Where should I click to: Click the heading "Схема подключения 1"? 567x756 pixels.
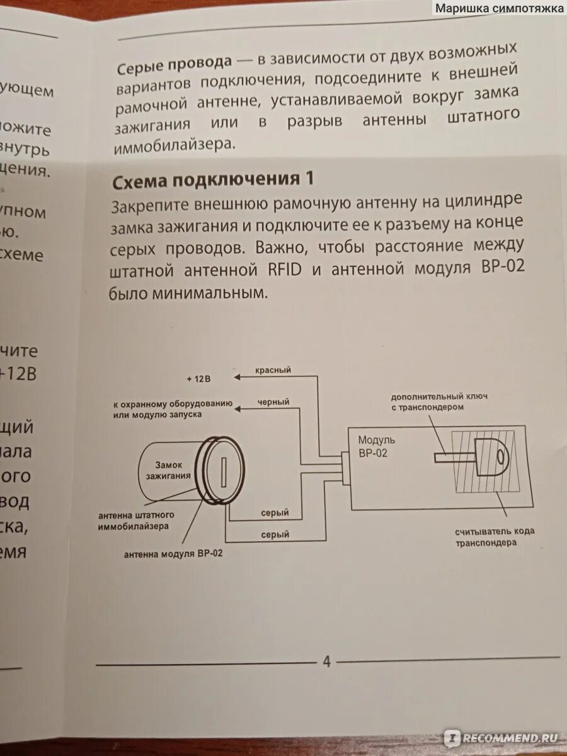(x=213, y=181)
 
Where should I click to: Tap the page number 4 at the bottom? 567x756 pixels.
(x=326, y=661)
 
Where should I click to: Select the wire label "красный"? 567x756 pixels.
(x=273, y=370)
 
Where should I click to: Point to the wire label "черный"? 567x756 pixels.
(x=273, y=402)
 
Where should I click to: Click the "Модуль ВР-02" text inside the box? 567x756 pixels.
(x=377, y=446)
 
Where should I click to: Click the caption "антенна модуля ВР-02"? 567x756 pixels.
(x=173, y=554)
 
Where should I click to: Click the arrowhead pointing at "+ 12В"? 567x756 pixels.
(x=236, y=377)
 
